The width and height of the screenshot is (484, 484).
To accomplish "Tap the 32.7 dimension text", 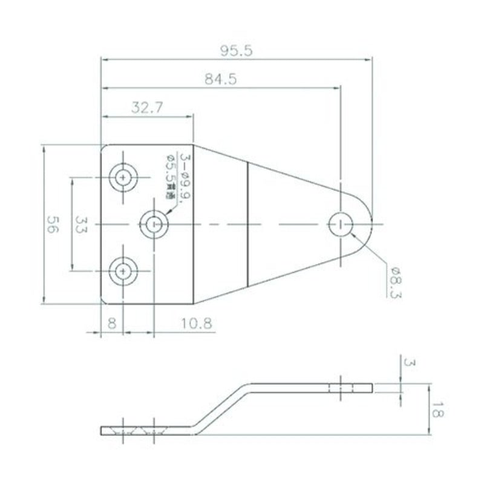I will click(146, 108).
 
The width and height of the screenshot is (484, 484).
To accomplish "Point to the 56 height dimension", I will click(53, 225).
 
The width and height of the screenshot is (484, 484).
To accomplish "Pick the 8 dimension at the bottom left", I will click(111, 323).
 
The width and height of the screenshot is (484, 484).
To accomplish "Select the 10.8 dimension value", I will click(196, 323).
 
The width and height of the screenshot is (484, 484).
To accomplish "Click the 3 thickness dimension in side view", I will click(410, 363).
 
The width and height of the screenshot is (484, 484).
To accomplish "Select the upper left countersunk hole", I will click(124, 178).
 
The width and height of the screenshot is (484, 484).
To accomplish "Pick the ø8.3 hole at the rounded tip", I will click(341, 225).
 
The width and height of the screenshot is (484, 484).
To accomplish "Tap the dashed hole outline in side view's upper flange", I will click(341, 387).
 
